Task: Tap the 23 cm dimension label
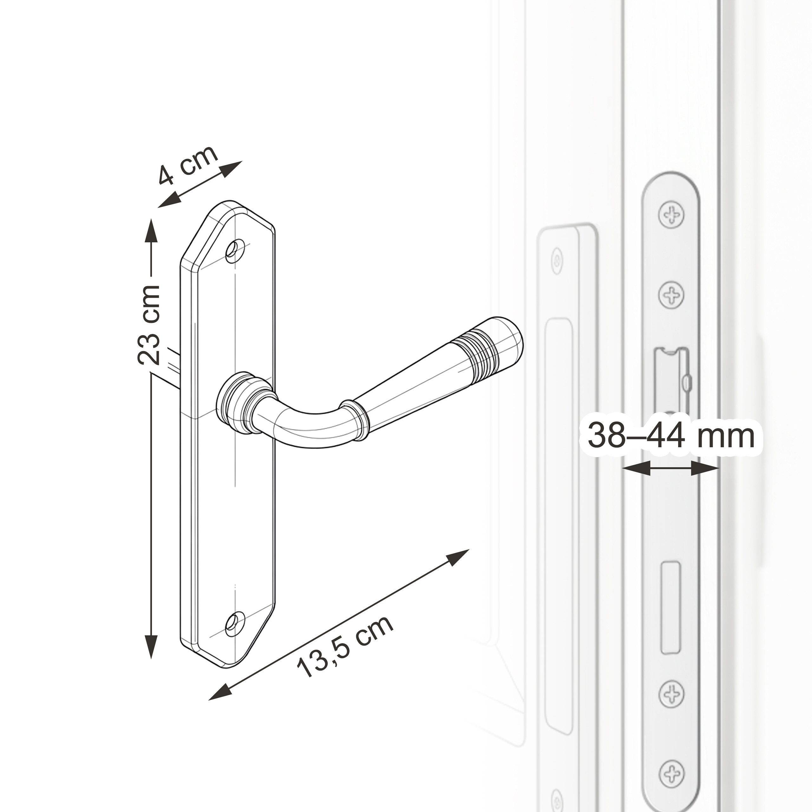149,324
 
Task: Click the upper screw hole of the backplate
235,251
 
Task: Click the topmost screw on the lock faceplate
671,214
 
